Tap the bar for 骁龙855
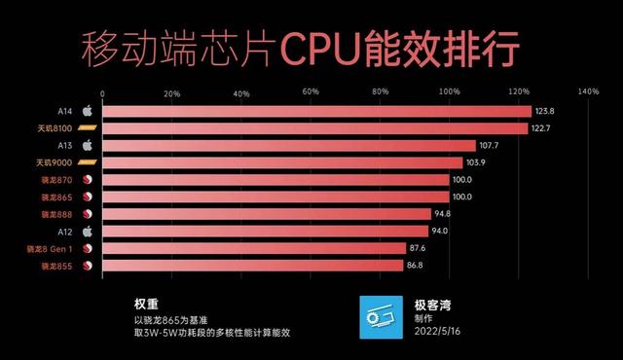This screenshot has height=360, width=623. (x=253, y=265)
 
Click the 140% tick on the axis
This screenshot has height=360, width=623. (x=588, y=93)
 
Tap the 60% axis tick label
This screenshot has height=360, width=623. (x=311, y=93)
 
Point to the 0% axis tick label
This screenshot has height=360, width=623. (x=103, y=93)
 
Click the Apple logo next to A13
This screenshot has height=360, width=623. (x=86, y=145)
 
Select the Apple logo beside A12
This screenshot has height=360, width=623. (x=86, y=231)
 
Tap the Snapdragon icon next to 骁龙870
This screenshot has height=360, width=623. (x=86, y=180)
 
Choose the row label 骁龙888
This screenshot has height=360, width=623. (x=55, y=214)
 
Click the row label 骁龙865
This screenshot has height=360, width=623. (x=55, y=197)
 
